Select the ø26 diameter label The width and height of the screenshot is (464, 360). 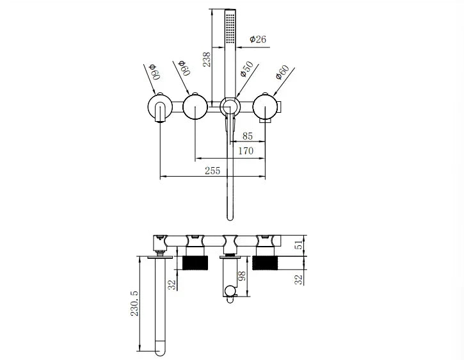point(257,40)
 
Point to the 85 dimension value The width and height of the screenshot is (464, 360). point(248,135)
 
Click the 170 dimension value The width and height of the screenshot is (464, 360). point(246,151)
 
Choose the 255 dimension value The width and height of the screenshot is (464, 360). point(212,170)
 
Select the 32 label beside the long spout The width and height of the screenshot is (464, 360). point(172,285)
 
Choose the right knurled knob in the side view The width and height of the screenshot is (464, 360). point(266,263)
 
